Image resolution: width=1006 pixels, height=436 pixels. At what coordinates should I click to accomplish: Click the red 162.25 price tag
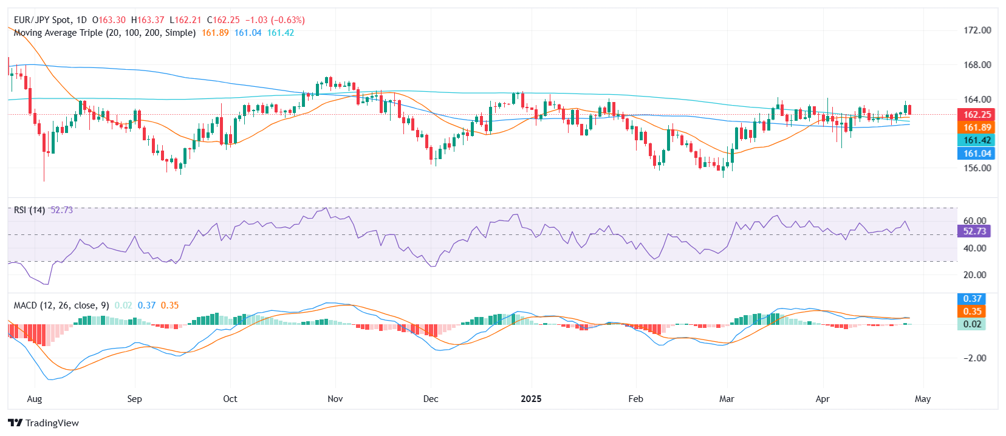click(977, 114)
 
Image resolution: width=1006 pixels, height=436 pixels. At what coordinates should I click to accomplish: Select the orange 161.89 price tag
click(977, 128)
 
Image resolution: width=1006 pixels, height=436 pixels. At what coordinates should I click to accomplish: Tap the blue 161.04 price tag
click(977, 154)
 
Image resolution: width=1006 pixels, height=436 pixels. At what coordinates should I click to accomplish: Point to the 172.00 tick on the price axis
click(977, 30)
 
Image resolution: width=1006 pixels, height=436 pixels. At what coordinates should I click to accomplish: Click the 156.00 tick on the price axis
click(977, 168)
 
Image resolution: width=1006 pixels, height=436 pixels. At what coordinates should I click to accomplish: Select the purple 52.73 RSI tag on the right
click(974, 231)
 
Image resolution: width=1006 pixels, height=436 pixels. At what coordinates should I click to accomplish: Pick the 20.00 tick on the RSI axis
click(974, 275)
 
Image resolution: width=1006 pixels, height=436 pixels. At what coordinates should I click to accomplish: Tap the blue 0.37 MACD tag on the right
click(972, 299)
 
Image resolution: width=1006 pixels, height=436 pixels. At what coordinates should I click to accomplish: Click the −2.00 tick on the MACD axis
click(974, 358)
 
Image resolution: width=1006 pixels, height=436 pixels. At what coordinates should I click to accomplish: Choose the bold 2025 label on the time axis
click(531, 399)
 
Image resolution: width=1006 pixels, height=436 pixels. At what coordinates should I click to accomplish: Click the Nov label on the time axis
click(335, 399)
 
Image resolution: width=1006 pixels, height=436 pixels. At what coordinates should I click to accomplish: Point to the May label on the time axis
click(922, 399)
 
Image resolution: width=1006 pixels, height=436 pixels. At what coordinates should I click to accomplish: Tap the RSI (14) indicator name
click(29, 210)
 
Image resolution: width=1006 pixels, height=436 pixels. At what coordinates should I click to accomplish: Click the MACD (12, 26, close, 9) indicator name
click(61, 305)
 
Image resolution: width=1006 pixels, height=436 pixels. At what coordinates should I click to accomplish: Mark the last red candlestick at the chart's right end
click(909, 110)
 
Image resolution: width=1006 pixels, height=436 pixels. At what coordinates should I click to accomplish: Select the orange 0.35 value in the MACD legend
click(169, 305)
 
